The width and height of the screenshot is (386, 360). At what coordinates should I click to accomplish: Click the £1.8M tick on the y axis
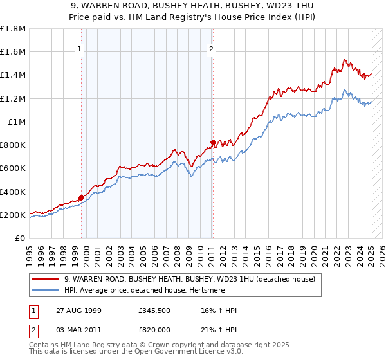(x=14, y=29)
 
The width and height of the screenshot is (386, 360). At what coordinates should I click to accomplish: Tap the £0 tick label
(x=21, y=238)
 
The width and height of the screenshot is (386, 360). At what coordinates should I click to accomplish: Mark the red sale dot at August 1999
(x=82, y=198)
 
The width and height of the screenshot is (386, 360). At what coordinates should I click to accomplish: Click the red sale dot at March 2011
(x=213, y=143)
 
